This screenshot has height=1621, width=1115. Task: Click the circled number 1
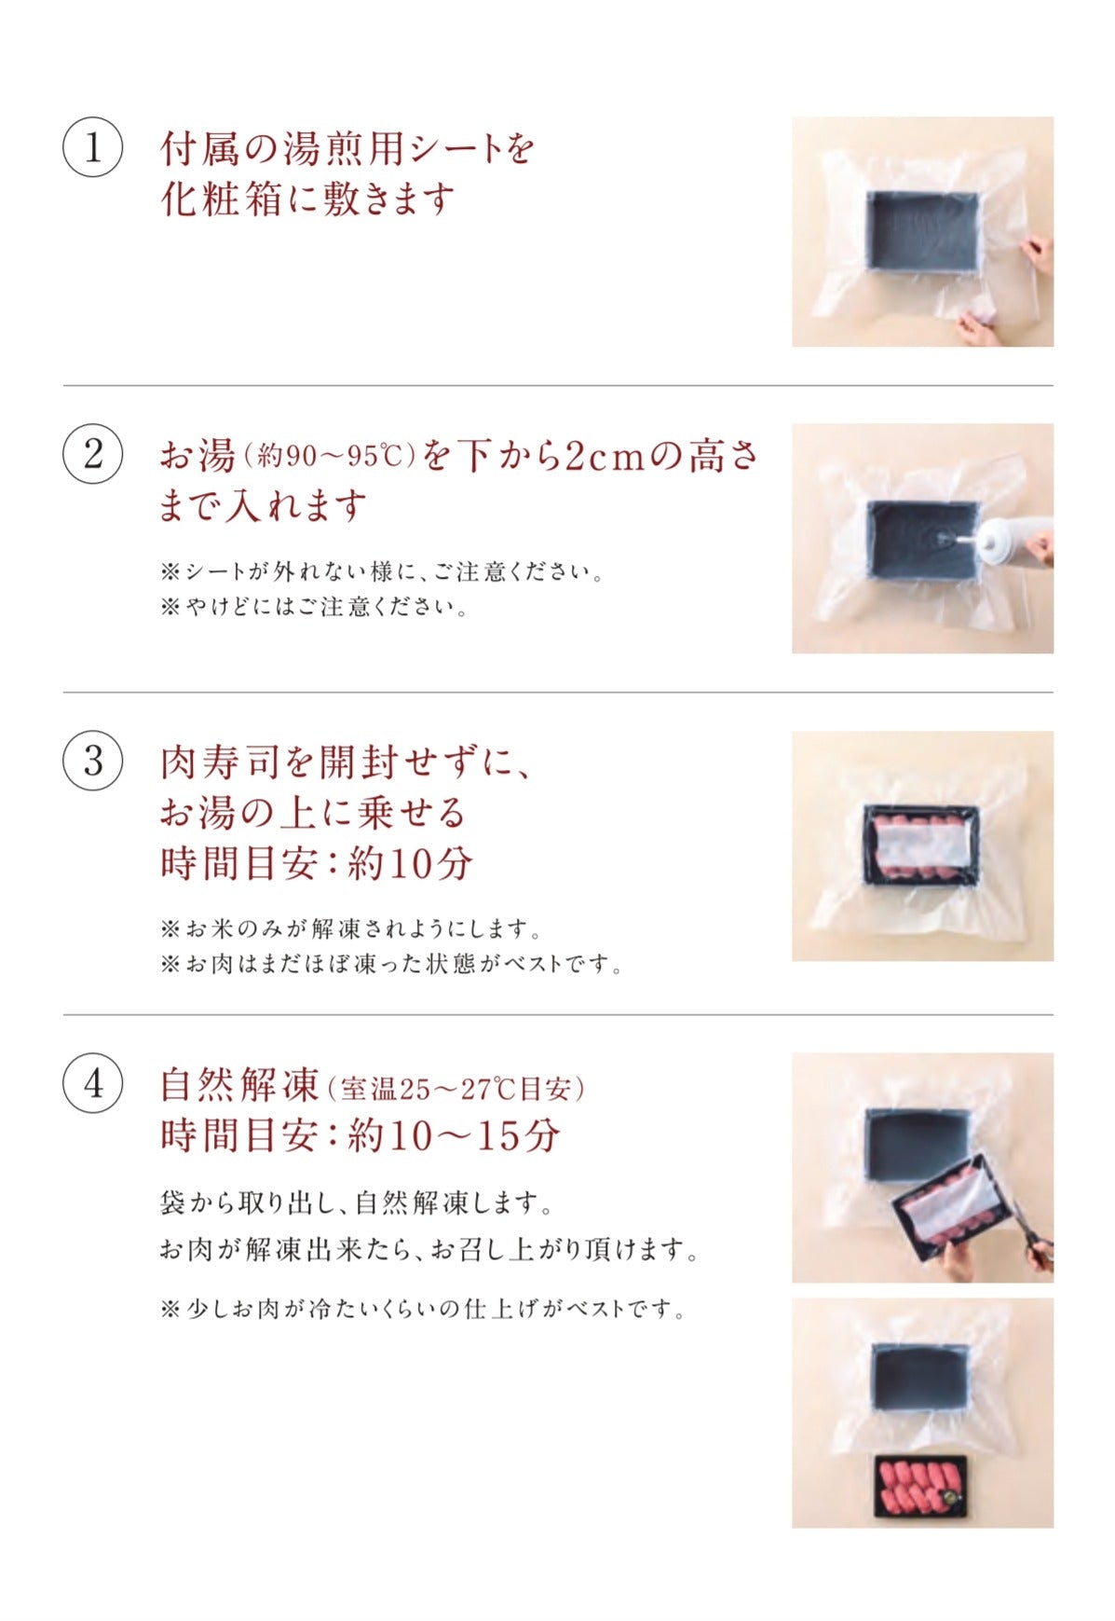[92, 147]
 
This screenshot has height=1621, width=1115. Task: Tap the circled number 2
[92, 454]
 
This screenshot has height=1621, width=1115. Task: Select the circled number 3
[92, 761]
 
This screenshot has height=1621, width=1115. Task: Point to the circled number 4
[92, 1083]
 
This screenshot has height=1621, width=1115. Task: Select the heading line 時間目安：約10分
[317, 863]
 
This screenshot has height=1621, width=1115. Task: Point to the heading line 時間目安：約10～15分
[360, 1135]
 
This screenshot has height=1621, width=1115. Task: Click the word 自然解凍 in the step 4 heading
[239, 1084]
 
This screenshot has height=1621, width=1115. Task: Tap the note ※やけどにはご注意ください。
[314, 608]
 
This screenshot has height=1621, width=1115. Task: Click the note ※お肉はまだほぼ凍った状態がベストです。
[391, 964]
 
